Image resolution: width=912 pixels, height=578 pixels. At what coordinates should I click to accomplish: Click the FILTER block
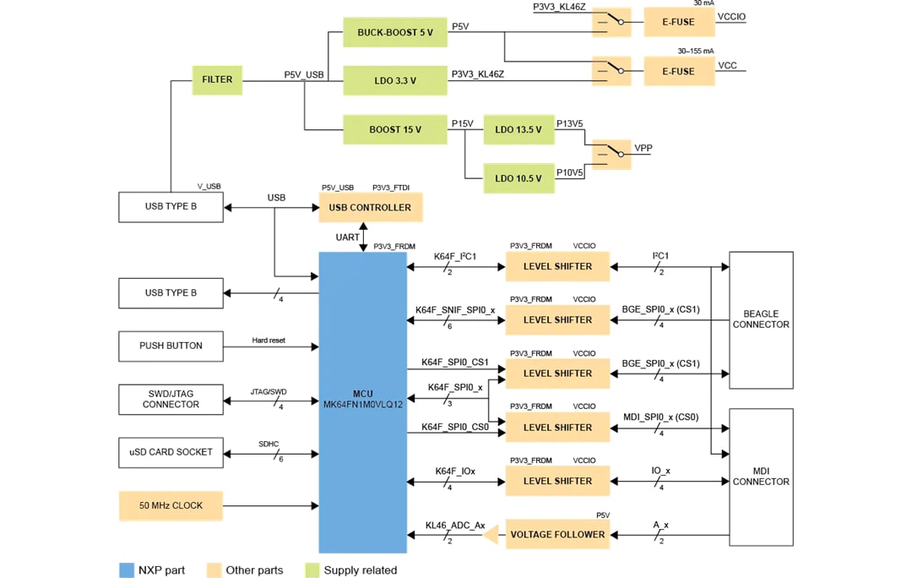tap(216, 79)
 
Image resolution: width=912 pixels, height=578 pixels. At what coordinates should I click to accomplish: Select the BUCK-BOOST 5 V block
tap(394, 32)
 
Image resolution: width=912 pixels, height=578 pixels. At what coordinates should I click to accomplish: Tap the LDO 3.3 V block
tap(394, 80)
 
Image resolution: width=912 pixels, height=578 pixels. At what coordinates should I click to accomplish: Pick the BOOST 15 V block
tap(394, 129)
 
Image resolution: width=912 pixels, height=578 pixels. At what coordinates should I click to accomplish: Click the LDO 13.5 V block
tap(518, 129)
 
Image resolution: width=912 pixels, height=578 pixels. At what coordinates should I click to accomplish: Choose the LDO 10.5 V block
tap(518, 177)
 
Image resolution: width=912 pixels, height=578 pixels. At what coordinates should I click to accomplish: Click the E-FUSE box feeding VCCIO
tap(679, 22)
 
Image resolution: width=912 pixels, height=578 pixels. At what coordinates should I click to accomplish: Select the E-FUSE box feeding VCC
tap(679, 71)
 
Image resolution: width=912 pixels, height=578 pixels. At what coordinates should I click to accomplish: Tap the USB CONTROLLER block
tap(370, 207)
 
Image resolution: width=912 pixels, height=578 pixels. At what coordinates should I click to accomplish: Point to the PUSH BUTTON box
tap(171, 346)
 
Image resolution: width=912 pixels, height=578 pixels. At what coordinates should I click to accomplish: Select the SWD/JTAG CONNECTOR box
tap(171, 399)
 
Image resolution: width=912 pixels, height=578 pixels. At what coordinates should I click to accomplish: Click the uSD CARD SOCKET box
tap(171, 452)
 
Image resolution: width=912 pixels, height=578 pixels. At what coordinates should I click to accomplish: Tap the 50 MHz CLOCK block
tap(171, 506)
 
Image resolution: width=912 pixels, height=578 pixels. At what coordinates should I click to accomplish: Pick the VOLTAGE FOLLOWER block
tap(556, 534)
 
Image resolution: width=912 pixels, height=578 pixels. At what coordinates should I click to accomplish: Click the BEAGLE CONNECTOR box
tap(760, 319)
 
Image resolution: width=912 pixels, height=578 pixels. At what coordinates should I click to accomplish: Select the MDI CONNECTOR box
tap(760, 477)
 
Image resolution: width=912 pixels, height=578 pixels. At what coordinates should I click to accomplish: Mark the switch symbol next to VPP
tap(611, 153)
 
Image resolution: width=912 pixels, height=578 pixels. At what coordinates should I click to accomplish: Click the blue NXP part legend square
tap(127, 570)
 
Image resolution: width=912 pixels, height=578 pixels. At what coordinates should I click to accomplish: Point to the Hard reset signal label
tap(269, 340)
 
